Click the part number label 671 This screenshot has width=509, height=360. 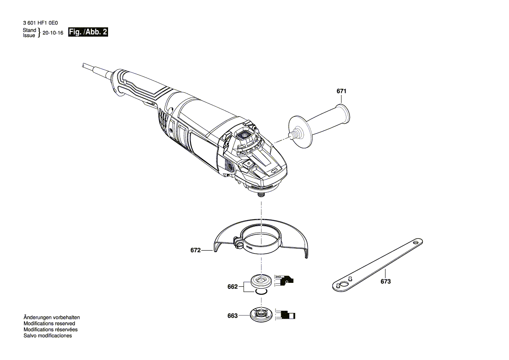pyautogui.click(x=341, y=92)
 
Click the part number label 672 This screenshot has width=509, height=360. pyautogui.click(x=195, y=251)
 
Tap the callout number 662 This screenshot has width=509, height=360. pyautogui.click(x=232, y=287)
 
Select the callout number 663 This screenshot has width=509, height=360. pyautogui.click(x=232, y=316)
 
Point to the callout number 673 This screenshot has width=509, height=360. pyautogui.click(x=385, y=282)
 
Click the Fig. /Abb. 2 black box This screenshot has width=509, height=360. pyautogui.click(x=88, y=32)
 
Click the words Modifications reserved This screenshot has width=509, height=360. pyautogui.click(x=49, y=324)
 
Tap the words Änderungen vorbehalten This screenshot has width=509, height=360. pyautogui.click(x=51, y=318)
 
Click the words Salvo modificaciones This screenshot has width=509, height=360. pyautogui.click(x=48, y=336)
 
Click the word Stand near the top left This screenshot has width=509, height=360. pyautogui.click(x=30, y=30)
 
